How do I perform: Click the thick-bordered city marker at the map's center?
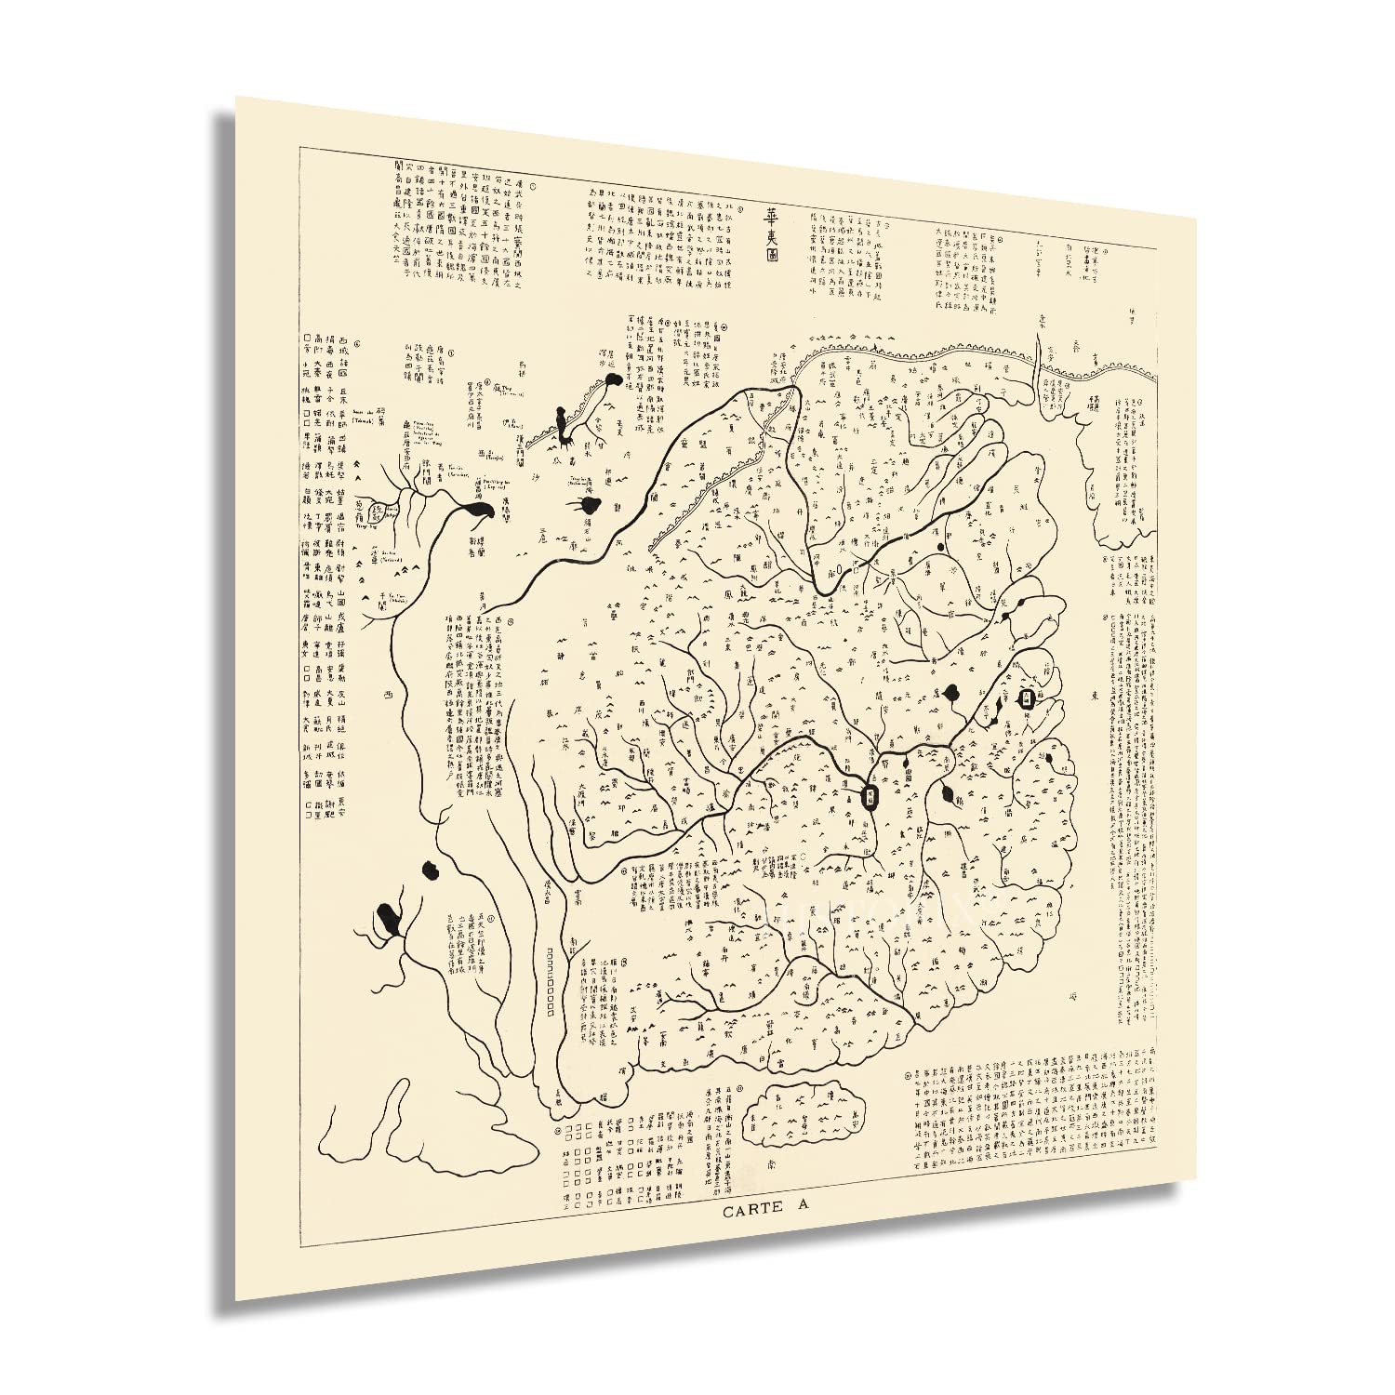(870, 795)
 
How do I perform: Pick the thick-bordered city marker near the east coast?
(1026, 699)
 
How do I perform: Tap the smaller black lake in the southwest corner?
(430, 870)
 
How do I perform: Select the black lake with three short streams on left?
(588, 506)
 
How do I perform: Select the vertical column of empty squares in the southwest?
(551, 981)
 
